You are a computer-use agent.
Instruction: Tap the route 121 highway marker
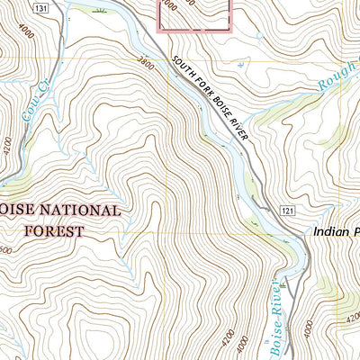pos(285,210)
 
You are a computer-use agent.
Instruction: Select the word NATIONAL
pos(79,211)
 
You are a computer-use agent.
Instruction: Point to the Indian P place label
pos(337,231)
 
